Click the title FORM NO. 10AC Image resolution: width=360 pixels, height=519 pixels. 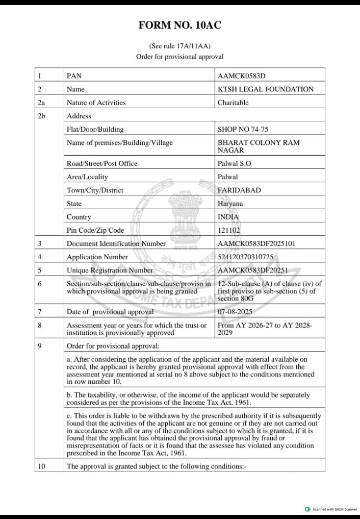pyautogui.click(x=179, y=25)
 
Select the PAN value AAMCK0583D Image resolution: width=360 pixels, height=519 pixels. pyautogui.click(x=241, y=76)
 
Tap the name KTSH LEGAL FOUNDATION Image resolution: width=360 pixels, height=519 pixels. pyautogui.click(x=266, y=89)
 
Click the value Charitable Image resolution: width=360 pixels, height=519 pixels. pyautogui.click(x=233, y=103)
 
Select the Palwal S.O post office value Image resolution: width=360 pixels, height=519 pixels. pyautogui.click(x=235, y=163)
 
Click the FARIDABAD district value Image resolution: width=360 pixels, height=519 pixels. pyautogui.click(x=239, y=190)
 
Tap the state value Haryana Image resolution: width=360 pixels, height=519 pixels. pyautogui.click(x=230, y=203)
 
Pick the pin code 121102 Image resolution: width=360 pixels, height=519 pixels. pyautogui.click(x=229, y=230)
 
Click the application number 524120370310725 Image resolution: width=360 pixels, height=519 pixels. pyautogui.click(x=248, y=257)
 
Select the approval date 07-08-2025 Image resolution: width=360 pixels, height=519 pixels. pyautogui.click(x=235, y=311)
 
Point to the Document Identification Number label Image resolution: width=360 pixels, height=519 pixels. pyautogui.click(x=116, y=243)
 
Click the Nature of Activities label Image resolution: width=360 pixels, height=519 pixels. pyautogui.click(x=96, y=103)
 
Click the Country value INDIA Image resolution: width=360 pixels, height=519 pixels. pyautogui.click(x=228, y=217)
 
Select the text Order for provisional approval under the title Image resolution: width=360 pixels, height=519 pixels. pyautogui.click(x=179, y=57)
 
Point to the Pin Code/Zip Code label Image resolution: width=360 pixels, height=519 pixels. pyautogui.click(x=95, y=230)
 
